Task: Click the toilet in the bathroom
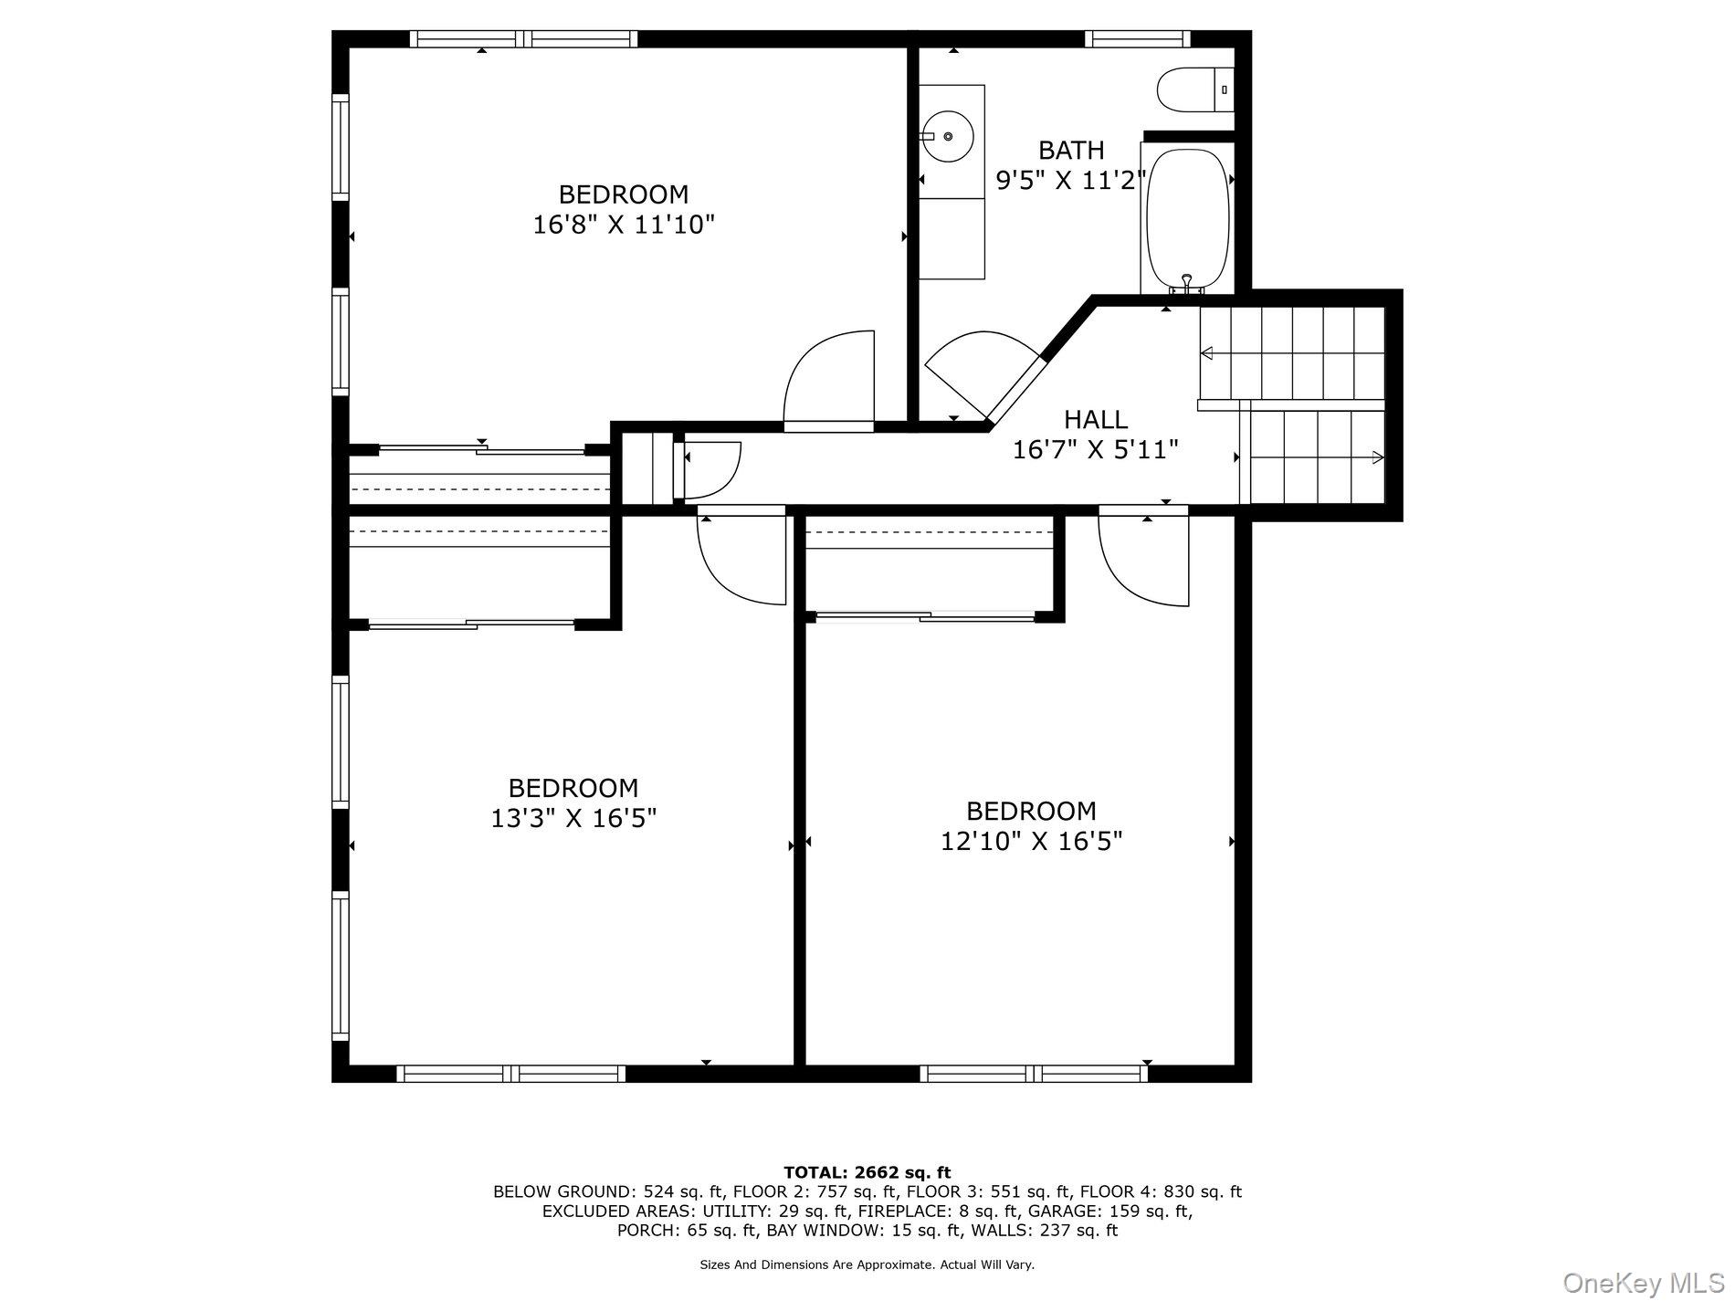coord(1195,90)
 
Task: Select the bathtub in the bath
coord(1187,219)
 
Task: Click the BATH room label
coord(1071,150)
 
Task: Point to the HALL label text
coord(1096,419)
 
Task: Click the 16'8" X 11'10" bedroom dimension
coord(624,225)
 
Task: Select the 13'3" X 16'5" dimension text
coord(573,818)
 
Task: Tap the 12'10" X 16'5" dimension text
coord(1032,841)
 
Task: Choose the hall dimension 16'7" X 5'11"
coord(1096,449)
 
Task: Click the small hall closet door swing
coord(707,470)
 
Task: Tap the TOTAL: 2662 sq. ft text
coord(867,1172)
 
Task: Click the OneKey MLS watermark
coord(1644,1283)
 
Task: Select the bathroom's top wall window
coord(1138,38)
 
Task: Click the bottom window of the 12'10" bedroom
coord(1034,1074)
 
